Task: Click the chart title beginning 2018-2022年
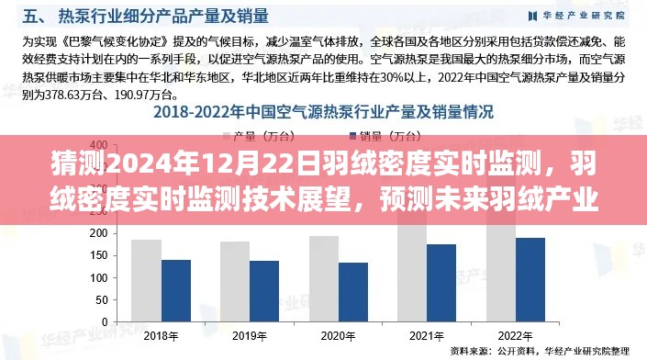click(x=323, y=113)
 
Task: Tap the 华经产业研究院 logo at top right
click(x=577, y=15)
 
